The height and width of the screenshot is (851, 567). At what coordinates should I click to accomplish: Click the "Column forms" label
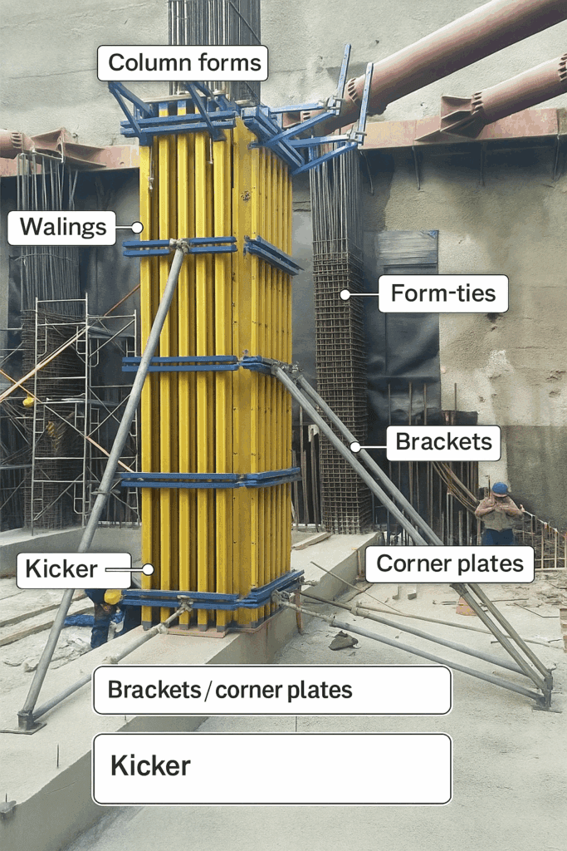click(x=183, y=63)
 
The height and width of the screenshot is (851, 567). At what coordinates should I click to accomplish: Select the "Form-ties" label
click(x=443, y=294)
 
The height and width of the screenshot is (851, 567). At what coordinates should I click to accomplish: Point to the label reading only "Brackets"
click(x=443, y=442)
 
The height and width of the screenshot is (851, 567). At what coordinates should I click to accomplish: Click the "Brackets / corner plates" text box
click(x=271, y=690)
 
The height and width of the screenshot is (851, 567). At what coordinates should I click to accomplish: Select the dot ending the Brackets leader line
click(x=354, y=447)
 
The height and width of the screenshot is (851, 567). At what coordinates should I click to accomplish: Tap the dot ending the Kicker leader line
click(x=148, y=569)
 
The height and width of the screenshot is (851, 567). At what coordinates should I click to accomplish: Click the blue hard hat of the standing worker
click(x=500, y=489)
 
